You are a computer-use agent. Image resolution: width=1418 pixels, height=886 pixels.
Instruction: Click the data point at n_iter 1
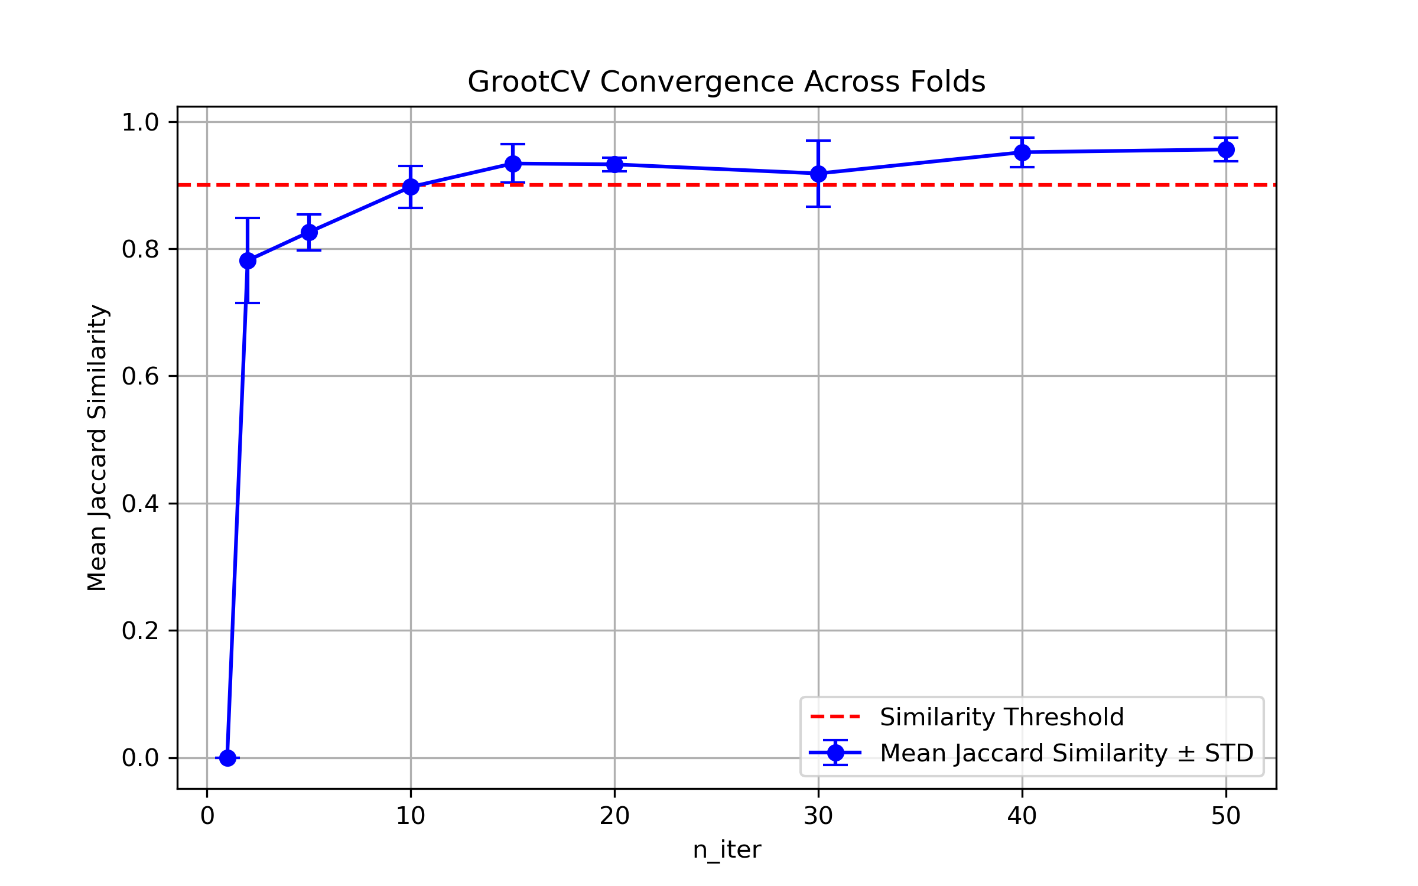(227, 758)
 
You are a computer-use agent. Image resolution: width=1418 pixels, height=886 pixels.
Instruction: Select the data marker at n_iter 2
(248, 260)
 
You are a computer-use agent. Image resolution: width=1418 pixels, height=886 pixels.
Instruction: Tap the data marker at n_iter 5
(309, 232)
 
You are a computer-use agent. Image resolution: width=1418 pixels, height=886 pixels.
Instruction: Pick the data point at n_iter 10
(411, 187)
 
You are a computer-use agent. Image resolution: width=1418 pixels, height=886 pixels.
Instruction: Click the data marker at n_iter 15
(513, 163)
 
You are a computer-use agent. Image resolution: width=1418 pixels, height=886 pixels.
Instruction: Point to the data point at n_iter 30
(818, 174)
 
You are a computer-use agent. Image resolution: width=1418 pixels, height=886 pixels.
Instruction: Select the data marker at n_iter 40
(1022, 152)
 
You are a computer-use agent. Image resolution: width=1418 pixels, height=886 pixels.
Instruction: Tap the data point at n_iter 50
(1226, 150)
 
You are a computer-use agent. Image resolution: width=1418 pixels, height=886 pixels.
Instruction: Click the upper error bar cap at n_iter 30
(818, 141)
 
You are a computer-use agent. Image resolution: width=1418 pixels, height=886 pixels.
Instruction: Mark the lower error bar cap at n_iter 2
(248, 303)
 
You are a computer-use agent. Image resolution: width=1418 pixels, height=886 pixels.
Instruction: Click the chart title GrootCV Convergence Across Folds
(726, 82)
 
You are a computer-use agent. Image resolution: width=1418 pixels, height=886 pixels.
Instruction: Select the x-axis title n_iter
(726, 850)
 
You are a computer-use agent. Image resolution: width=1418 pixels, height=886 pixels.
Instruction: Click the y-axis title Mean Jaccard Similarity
(97, 447)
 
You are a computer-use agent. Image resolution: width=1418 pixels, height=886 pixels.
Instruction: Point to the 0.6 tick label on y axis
(140, 376)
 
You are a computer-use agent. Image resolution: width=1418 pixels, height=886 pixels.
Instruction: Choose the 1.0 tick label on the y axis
(140, 122)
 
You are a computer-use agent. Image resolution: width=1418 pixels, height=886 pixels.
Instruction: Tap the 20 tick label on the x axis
(614, 816)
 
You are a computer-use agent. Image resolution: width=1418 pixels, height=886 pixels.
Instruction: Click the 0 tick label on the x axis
(207, 816)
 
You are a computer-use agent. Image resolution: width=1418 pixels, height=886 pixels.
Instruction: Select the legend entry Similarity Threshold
(1001, 717)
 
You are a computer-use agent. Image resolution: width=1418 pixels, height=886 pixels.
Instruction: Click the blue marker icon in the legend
(835, 753)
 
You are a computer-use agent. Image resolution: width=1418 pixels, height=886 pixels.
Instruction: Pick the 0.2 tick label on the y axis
(140, 631)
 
